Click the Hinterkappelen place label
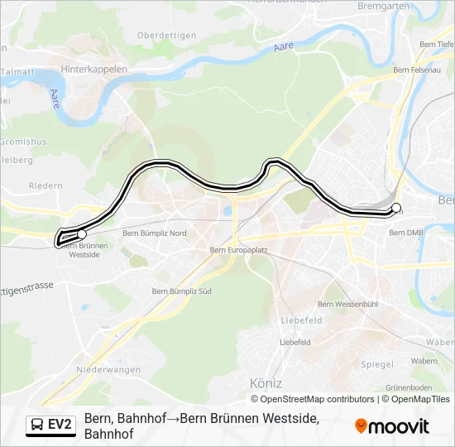pos(94,70)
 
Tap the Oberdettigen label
pos(166,35)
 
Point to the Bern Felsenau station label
pos(417,70)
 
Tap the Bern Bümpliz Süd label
pos(182,291)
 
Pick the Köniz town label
pos(266,383)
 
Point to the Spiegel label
pos(377,364)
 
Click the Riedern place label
pos(45,186)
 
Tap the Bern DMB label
pos(405,233)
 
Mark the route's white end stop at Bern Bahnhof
pos(395,208)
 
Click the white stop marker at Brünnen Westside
pos(81,234)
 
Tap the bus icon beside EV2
pos(37,425)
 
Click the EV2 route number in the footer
pos(60,425)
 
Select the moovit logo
pos(392,426)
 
